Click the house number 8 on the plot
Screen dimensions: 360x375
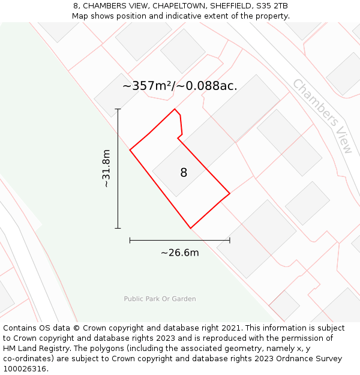point(184,173)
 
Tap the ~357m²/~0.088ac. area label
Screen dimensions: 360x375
point(180,86)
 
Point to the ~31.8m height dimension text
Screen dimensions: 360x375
point(106,169)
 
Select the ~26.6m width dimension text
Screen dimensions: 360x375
point(179,253)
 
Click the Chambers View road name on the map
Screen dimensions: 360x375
point(323,116)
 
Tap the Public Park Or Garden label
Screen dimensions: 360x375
point(160,299)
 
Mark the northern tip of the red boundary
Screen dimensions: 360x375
point(175,109)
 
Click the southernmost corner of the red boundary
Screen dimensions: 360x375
point(191,228)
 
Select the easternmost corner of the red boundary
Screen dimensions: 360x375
point(230,193)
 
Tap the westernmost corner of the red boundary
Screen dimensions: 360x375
point(130,149)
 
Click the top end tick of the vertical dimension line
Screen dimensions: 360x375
point(118,109)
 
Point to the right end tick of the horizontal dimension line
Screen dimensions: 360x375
point(230,240)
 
